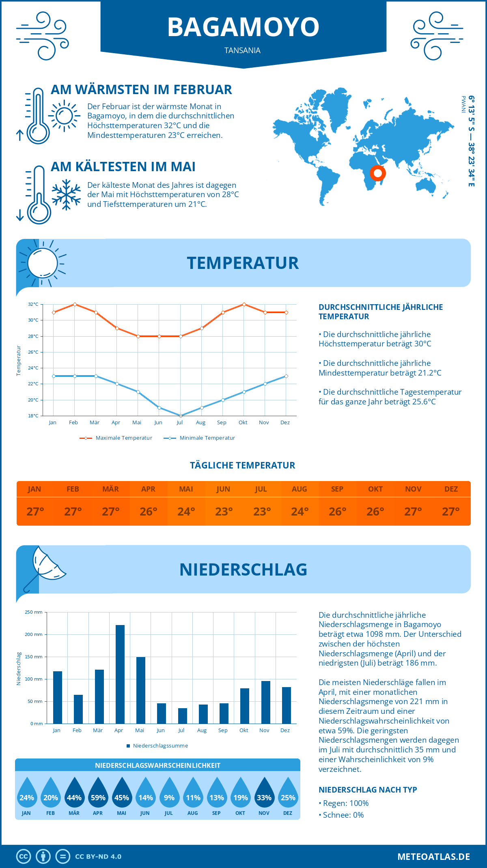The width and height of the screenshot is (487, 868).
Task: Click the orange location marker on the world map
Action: click(378, 174)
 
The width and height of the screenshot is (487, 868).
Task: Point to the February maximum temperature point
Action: click(75, 304)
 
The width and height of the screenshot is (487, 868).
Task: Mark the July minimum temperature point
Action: click(181, 416)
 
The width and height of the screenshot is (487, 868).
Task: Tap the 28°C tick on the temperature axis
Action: click(33, 336)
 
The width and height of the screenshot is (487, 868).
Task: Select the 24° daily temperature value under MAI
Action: click(186, 511)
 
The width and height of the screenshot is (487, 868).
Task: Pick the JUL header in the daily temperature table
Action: click(261, 489)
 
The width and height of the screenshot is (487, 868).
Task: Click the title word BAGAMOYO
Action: click(243, 27)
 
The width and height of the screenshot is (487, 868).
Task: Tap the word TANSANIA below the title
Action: click(242, 51)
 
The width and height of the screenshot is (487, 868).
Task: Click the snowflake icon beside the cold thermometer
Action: click(66, 195)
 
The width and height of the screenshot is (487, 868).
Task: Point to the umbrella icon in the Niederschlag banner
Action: click(45, 567)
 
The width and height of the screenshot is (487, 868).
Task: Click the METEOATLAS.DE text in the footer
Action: click(433, 857)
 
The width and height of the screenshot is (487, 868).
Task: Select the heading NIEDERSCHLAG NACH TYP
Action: click(368, 790)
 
